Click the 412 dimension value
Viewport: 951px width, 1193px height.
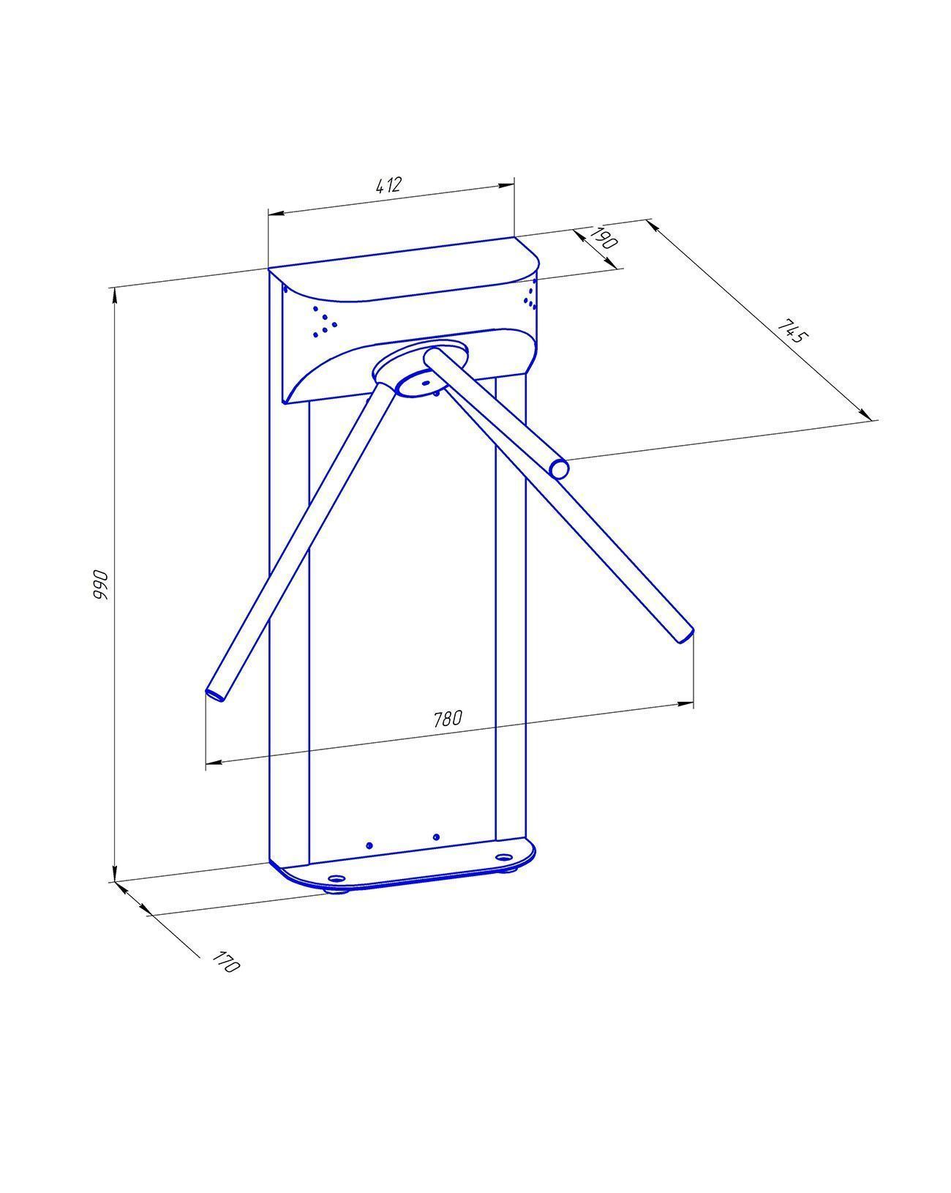pos(388,185)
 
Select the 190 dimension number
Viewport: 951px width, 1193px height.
pos(603,237)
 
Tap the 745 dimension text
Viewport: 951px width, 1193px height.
pos(792,331)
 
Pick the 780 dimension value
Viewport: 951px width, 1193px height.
pos(447,719)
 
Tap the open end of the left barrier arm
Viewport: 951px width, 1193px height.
pos(215,694)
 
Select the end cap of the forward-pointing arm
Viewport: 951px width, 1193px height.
pos(559,469)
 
